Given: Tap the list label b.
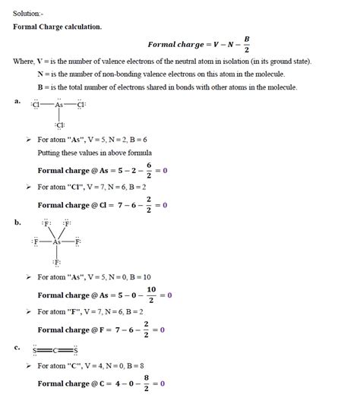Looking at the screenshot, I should (x=17, y=222).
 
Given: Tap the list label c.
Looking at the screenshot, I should (x=17, y=347).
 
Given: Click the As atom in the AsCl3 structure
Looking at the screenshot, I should (x=59, y=106).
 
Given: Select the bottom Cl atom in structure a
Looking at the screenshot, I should (x=60, y=125).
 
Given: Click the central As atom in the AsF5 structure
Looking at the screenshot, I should (x=57, y=241).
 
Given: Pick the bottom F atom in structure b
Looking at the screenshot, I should (x=57, y=261).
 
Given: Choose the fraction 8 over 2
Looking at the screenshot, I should (x=146, y=383).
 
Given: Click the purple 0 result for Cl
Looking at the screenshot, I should (x=164, y=205).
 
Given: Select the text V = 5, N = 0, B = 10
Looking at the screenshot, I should (x=122, y=277).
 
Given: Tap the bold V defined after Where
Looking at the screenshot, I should (x=39, y=61).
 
